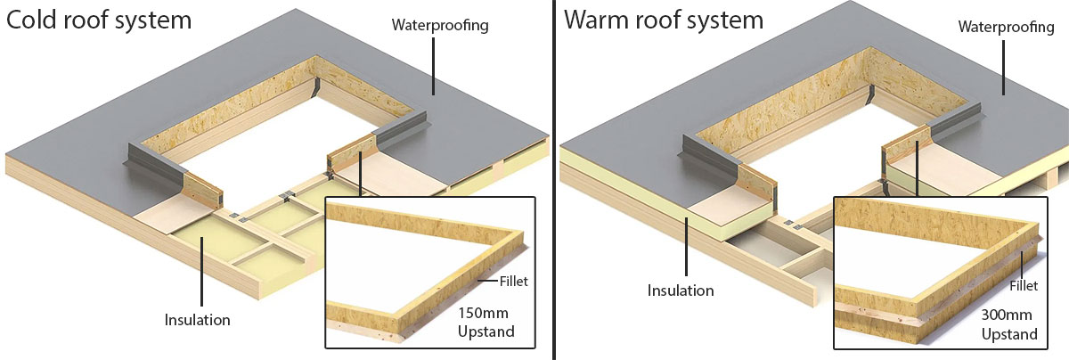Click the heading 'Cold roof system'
tap(99, 20)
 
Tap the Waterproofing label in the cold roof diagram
tap(440, 24)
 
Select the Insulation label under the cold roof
tap(198, 319)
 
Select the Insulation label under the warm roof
tap(681, 290)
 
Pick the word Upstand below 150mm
tap(486, 334)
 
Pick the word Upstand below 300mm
tap(1009, 335)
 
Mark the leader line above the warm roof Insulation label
tap(686, 250)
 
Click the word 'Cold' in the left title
tap(33, 20)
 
